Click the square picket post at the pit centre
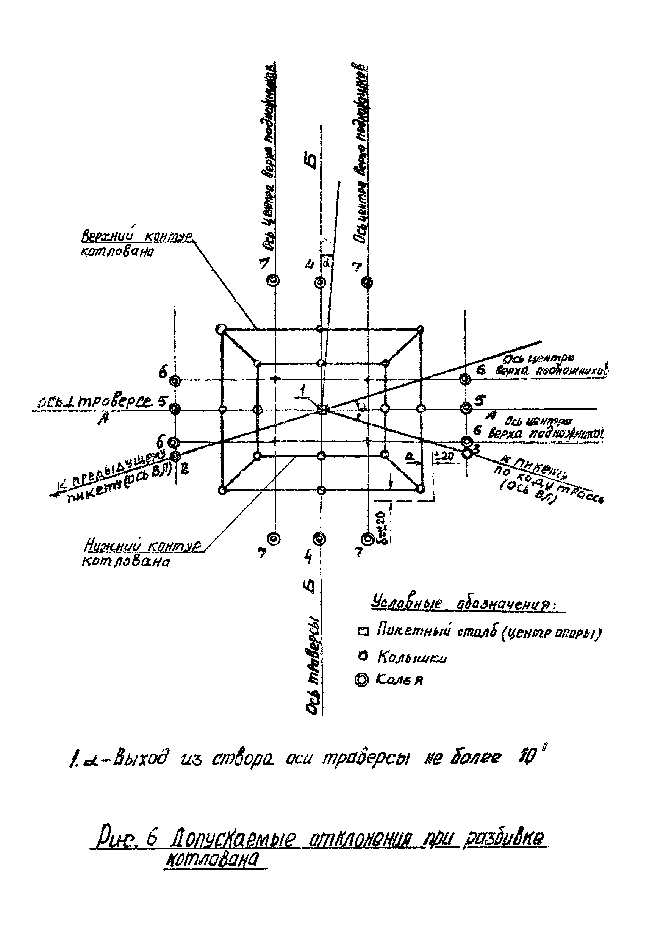(x=323, y=409)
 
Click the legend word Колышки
(x=412, y=657)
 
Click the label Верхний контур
(x=137, y=236)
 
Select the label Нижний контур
(x=142, y=547)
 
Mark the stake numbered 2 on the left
(x=175, y=456)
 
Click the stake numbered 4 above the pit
(x=320, y=282)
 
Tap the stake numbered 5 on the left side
(x=175, y=408)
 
